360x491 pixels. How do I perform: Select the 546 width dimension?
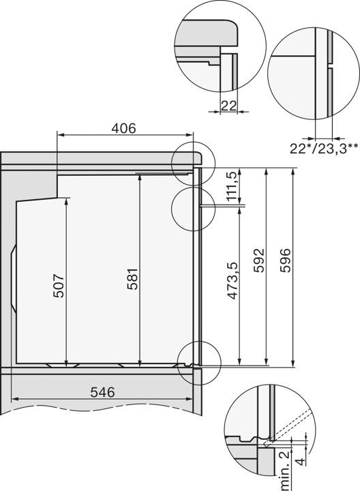(101, 392)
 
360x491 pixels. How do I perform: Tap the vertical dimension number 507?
(59, 285)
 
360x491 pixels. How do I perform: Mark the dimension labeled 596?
(286, 261)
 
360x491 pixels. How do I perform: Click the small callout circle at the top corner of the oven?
(193, 164)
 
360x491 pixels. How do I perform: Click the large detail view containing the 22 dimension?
(220, 44)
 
